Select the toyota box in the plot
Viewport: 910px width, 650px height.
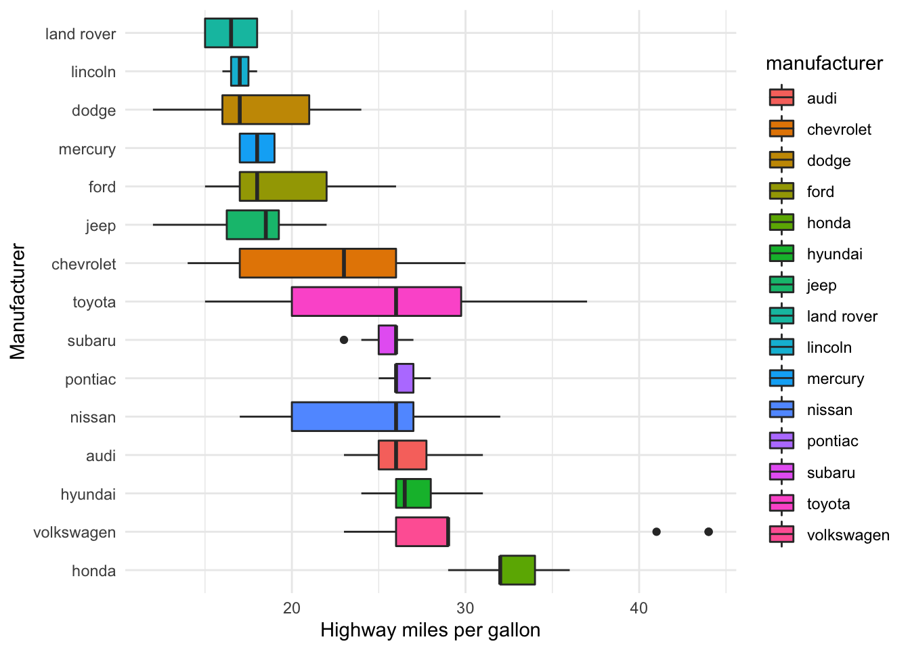(x=376, y=301)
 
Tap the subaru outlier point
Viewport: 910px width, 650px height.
(x=344, y=340)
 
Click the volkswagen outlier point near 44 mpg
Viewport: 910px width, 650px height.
(x=708, y=532)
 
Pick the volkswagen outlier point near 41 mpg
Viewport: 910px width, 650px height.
(x=656, y=532)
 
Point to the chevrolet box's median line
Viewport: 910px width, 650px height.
(x=344, y=263)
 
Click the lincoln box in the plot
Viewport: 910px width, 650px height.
(x=240, y=71)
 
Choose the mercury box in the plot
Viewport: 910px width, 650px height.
(x=257, y=148)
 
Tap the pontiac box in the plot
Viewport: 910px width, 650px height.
(x=405, y=378)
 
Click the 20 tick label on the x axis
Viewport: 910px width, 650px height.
(x=292, y=608)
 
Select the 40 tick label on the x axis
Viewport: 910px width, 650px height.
(x=638, y=608)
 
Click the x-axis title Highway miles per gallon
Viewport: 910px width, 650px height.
(x=430, y=630)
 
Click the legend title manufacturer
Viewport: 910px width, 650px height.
(x=824, y=64)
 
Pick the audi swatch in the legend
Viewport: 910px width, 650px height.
(x=781, y=97)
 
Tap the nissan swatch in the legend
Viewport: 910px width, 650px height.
(x=781, y=410)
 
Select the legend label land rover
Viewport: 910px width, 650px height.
(x=842, y=316)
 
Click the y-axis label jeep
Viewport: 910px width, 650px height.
(x=100, y=225)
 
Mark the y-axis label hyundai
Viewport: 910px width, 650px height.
(x=88, y=494)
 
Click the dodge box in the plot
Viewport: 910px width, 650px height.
(x=265, y=110)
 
